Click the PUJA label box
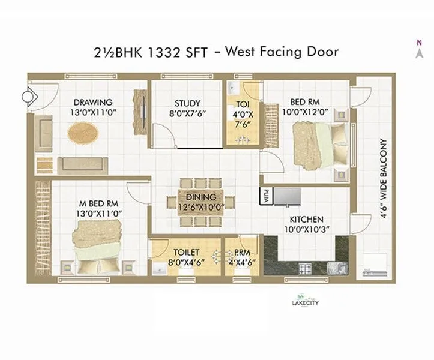click(x=265, y=194)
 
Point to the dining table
click(x=200, y=202)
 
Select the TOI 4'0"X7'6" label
click(x=244, y=113)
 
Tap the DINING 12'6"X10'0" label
click(x=200, y=202)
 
